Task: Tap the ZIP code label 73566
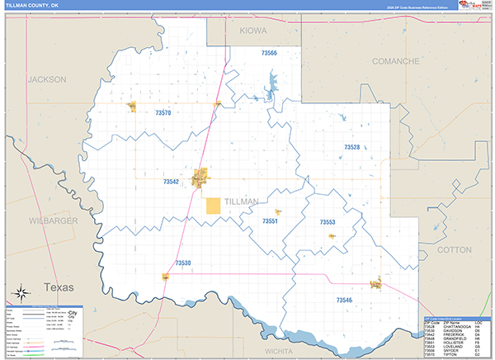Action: [269, 53]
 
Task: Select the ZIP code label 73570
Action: [163, 112]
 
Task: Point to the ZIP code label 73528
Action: [352, 147]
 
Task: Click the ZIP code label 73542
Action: [171, 182]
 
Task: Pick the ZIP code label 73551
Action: [270, 221]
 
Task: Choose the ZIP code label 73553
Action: [328, 222]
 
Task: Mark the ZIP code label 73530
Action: [183, 263]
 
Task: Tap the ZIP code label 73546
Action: [344, 300]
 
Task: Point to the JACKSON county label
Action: [46, 79]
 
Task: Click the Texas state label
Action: [59, 287]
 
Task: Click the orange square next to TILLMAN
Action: [213, 206]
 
